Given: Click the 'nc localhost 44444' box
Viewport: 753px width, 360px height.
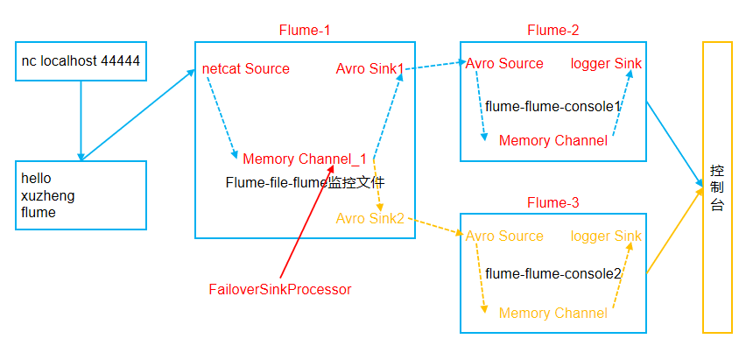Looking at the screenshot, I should pos(81,62).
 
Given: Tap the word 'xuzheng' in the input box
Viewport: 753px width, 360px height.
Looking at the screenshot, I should pos(47,195).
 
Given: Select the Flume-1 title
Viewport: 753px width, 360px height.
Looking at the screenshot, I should pos(304,30).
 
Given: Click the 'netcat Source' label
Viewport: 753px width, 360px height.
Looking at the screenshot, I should pos(245,68).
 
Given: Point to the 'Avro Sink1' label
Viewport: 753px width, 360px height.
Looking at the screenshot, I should pos(369,68).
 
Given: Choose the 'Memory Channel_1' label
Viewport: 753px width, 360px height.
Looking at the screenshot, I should pos(304,159).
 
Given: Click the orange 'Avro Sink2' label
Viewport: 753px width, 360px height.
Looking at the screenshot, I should pos(369,217).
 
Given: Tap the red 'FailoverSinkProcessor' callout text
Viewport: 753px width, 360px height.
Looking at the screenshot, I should pos(280,289).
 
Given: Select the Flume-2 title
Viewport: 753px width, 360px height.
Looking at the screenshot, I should pos(552,30).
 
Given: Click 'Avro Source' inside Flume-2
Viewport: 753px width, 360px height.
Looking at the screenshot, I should pos(504,63).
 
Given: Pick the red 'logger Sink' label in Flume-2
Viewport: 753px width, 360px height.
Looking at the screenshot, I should pos(606,63).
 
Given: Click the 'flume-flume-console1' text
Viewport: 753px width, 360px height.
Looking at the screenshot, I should pos(552,106).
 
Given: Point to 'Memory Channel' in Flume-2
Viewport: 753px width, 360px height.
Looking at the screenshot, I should pos(552,140).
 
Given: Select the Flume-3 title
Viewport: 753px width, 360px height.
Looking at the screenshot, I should pos(552,202).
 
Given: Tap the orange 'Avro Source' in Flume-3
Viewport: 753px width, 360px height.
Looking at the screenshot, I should pos(504,236).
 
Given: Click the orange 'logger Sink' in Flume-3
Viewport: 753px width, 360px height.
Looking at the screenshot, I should pos(606,236).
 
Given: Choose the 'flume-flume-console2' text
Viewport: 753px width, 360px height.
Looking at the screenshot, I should pos(552,274).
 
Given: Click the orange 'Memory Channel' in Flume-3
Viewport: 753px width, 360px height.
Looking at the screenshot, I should pos(552,313).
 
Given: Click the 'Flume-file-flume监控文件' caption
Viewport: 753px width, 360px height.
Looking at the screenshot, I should pos(305,183).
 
